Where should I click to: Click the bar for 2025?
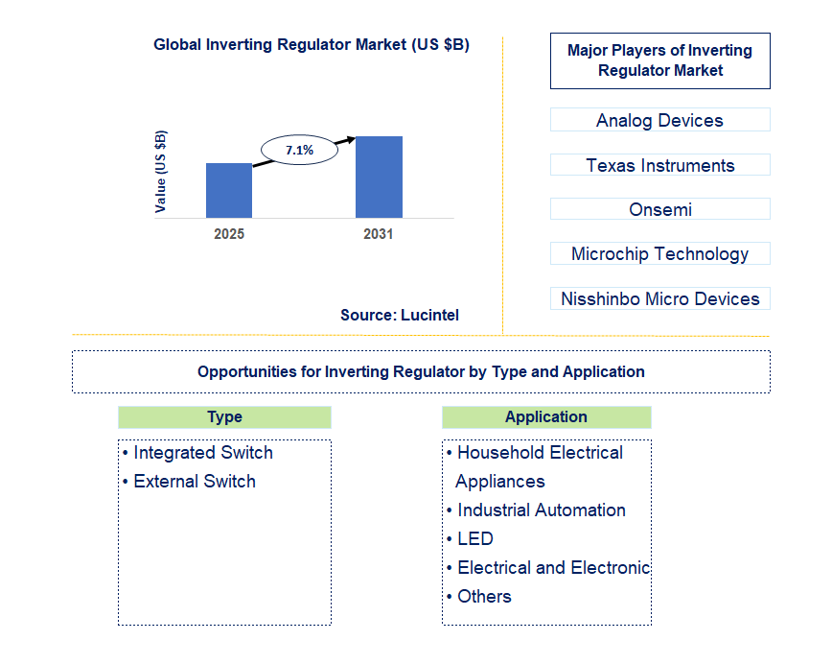click(229, 190)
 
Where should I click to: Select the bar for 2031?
click(379, 177)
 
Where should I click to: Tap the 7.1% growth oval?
click(299, 150)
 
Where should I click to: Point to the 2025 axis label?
click(229, 234)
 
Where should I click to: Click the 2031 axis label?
click(379, 234)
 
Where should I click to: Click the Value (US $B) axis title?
click(160, 171)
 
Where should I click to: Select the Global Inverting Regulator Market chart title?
click(312, 45)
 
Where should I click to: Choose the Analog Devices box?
click(659, 120)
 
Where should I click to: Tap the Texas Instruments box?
click(659, 165)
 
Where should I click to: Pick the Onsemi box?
click(659, 209)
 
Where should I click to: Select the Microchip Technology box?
click(659, 253)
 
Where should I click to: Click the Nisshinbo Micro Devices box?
click(659, 298)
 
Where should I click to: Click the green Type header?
click(224, 417)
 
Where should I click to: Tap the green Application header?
click(546, 416)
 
